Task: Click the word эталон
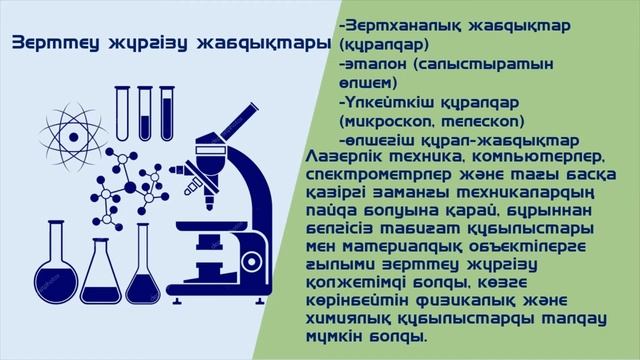point(379,63)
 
